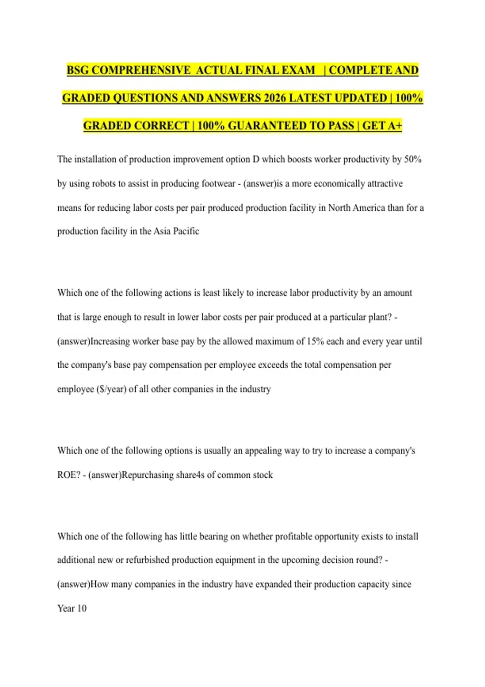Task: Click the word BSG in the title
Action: (78, 70)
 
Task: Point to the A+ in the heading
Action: (393, 126)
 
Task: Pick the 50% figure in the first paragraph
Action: (413, 159)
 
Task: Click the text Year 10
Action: (72, 608)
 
